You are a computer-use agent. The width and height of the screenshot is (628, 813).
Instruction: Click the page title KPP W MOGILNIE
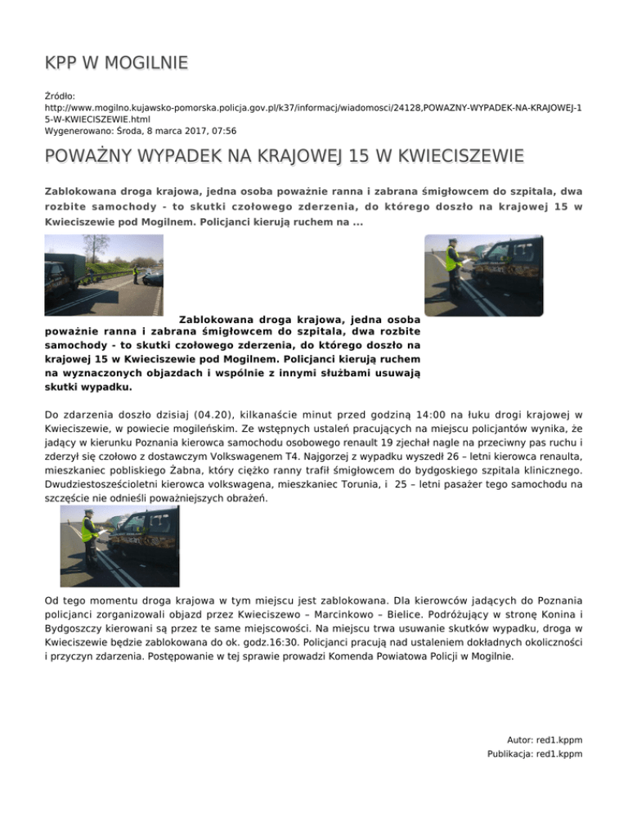(116, 62)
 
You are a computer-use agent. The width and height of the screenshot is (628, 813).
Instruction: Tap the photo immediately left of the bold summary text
(103, 275)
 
